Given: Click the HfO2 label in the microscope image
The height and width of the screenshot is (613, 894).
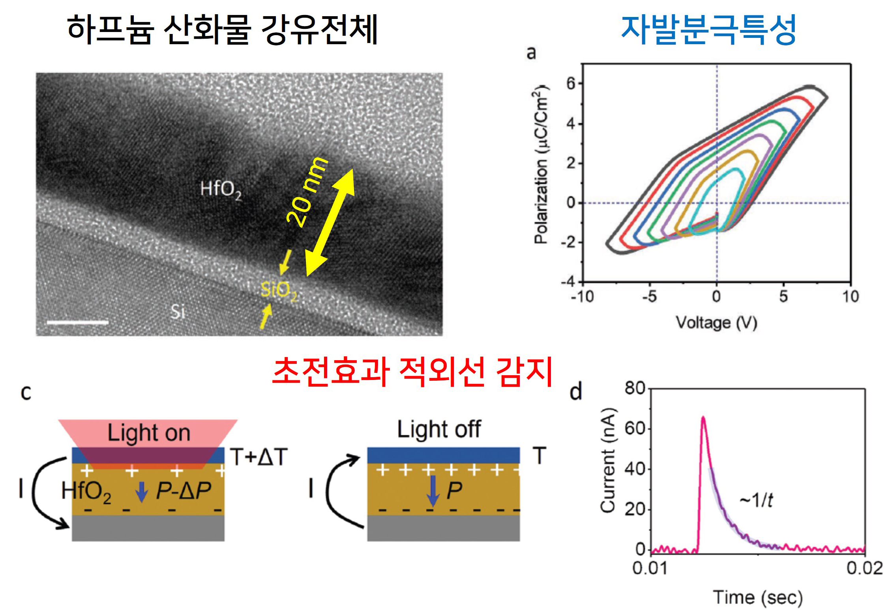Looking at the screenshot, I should pos(220,190).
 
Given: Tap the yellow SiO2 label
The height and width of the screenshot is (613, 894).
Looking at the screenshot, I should pos(279,291).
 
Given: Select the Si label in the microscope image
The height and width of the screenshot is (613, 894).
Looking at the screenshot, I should pos(178,312).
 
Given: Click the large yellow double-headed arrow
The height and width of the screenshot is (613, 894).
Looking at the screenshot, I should pos(330,222).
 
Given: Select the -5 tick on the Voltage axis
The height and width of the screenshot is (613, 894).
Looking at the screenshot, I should pos(650,296).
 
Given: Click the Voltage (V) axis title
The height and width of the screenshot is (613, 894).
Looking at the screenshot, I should pos(716,323).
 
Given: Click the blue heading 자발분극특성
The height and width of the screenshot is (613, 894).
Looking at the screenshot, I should pos(708,30).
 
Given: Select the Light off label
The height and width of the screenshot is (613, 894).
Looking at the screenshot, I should pos(439,429).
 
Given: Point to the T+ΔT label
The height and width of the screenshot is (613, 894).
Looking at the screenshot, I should pos(259,457).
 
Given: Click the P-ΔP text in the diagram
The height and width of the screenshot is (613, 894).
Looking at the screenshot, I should pos(184,491).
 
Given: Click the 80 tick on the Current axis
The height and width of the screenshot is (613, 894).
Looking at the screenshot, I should pos(634,388).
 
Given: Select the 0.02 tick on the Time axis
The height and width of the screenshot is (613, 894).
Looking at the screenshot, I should pos(864,568).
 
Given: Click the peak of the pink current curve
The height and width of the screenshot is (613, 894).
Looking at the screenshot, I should pos(703,417).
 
